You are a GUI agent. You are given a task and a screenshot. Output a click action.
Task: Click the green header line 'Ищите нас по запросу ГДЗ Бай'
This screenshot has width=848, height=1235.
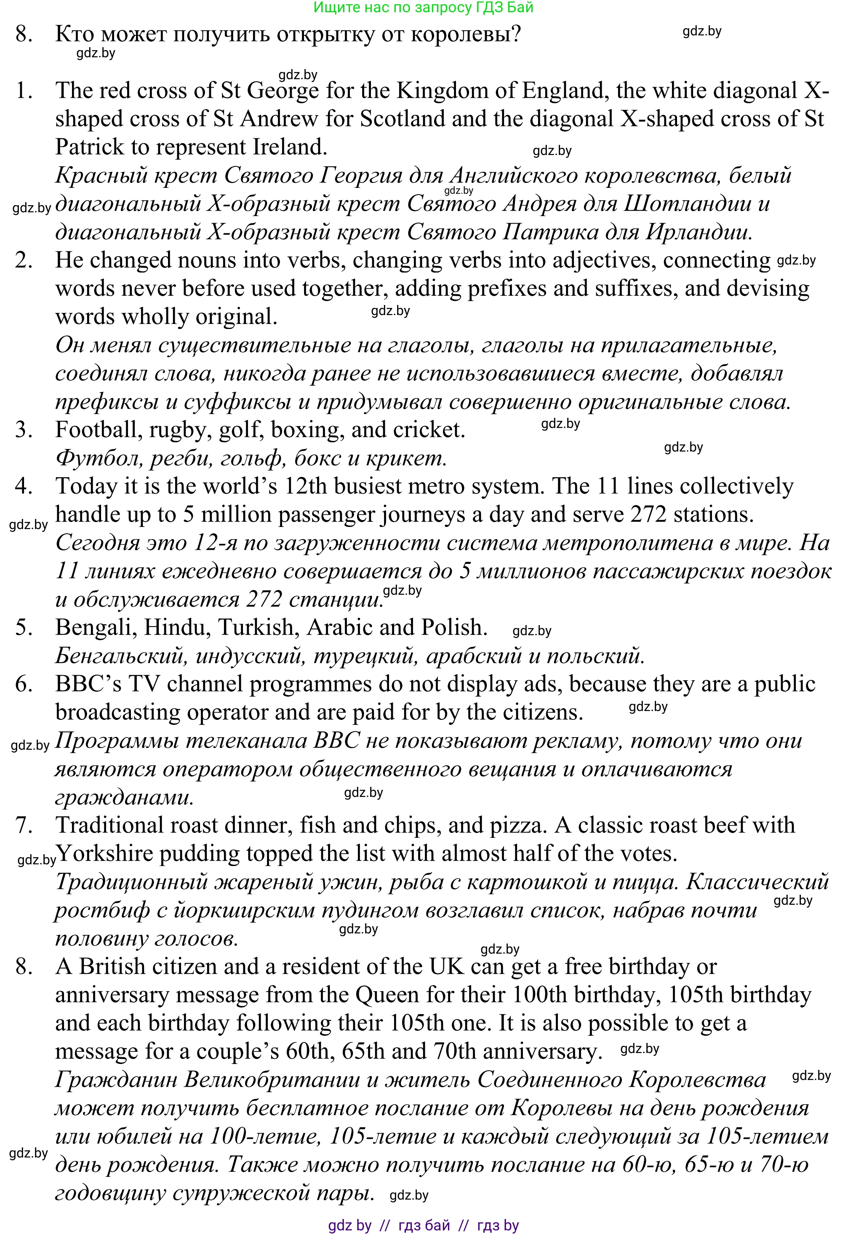click(424, 8)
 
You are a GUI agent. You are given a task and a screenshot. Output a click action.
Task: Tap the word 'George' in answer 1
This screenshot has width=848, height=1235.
click(283, 91)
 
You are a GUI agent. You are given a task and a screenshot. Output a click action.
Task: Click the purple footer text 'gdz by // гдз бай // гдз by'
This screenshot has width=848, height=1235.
click(424, 1225)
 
